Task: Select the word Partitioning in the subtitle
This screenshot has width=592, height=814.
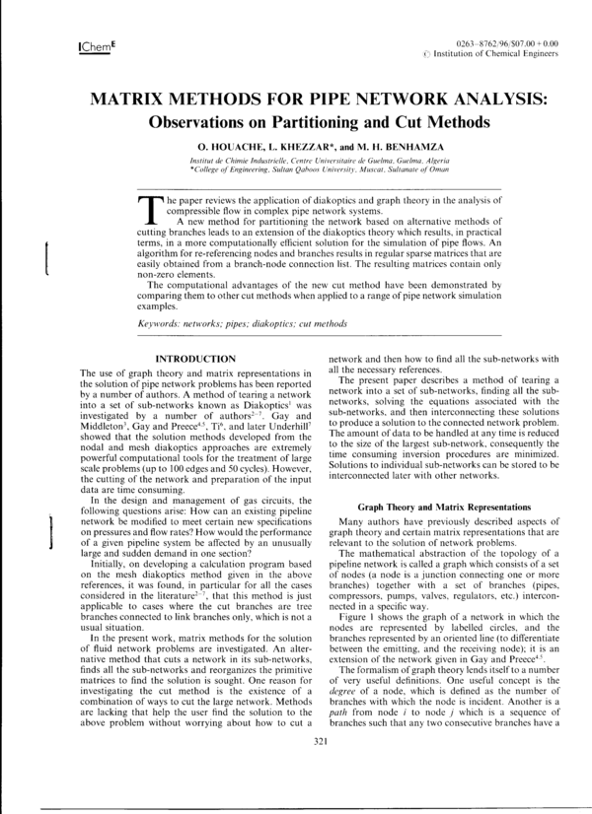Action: [330, 123]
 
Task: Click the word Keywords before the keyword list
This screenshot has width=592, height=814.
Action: [161, 323]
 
